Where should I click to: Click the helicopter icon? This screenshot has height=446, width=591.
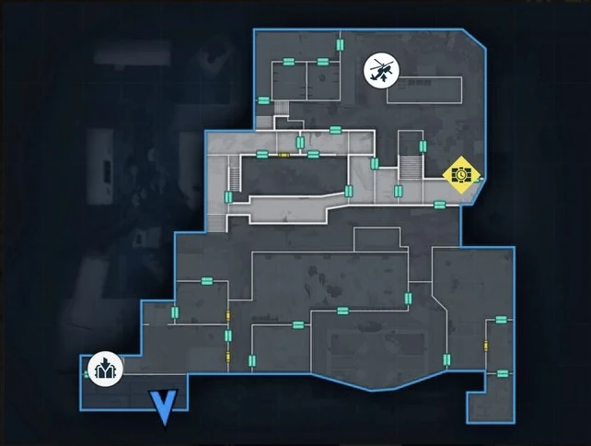pos(381,71)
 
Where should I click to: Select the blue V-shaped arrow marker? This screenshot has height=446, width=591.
pos(164,407)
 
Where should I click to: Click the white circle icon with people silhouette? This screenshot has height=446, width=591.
pos(102,370)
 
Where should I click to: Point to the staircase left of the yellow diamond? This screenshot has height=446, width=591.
pos(410,168)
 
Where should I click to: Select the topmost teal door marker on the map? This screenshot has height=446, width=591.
pos(339,43)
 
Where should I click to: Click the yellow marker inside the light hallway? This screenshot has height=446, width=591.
pos(284,155)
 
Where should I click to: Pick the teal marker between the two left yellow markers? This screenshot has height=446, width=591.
pos(227,336)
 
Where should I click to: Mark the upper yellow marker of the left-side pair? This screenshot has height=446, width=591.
pos(227,317)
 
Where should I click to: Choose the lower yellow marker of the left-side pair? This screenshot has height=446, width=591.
pos(227,357)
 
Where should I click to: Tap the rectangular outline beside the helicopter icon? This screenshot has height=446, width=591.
pos(423,89)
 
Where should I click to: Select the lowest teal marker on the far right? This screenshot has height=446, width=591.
pos(502,373)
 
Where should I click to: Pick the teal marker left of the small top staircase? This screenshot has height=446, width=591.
pos(264,100)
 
